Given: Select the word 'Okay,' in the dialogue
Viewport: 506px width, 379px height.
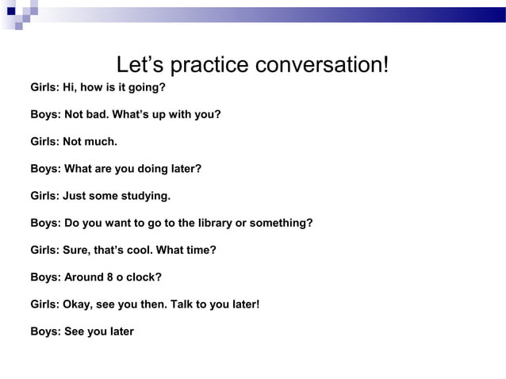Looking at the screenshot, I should point(78,304).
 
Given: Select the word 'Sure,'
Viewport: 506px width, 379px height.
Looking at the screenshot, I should point(78,250).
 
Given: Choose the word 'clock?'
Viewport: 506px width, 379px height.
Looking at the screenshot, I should point(145,277).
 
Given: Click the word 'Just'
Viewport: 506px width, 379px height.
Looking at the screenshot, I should point(75,196).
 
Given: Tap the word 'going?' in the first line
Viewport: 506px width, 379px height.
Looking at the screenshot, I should point(147,87).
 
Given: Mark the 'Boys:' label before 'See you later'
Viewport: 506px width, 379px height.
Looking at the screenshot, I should point(45,331).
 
